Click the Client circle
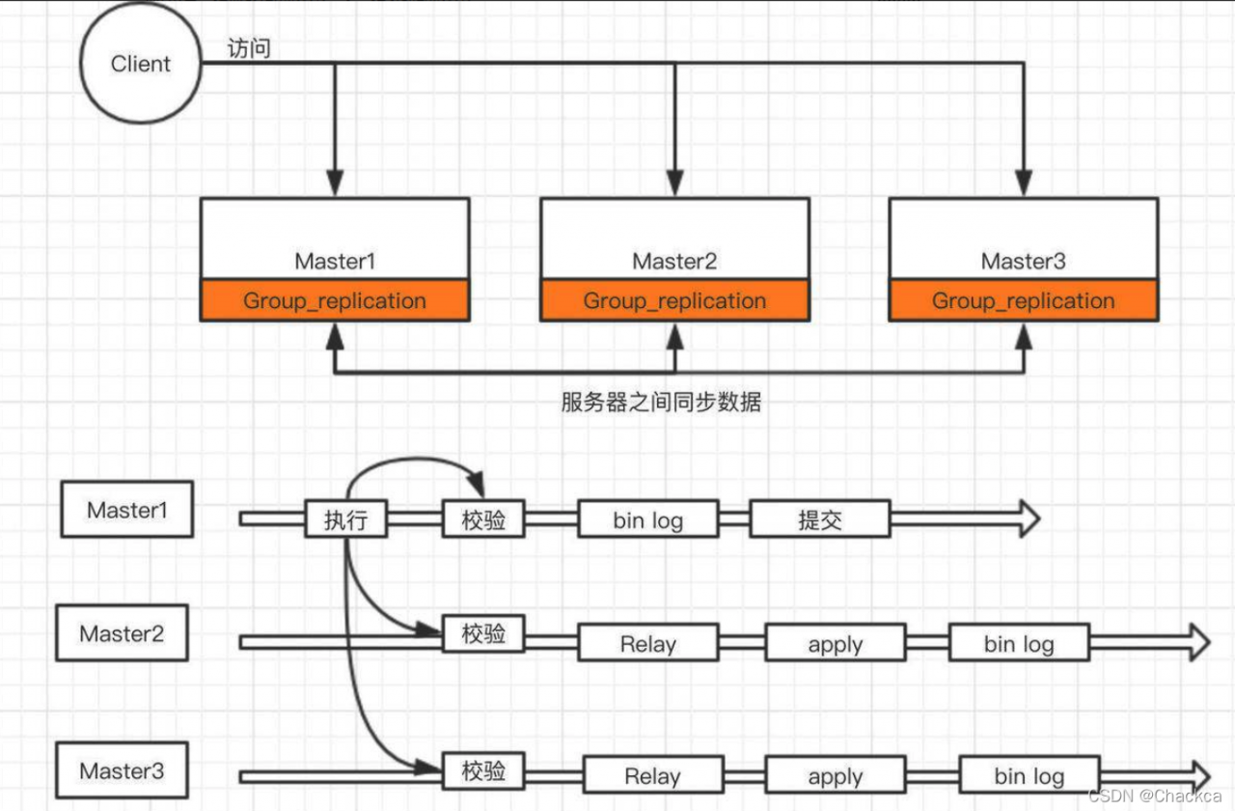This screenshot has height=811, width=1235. [140, 65]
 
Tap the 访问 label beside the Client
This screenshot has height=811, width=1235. [248, 48]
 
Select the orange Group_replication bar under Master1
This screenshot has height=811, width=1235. [334, 301]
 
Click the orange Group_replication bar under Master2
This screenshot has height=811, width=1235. [674, 301]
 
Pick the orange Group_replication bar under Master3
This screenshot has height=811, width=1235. [1023, 301]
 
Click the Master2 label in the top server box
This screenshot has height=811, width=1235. [674, 261]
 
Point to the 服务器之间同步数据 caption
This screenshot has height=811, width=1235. [661, 402]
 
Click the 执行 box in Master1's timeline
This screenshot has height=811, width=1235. [345, 519]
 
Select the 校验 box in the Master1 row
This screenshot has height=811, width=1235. [483, 519]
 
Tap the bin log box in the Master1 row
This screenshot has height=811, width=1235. [648, 519]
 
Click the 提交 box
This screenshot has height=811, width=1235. [819, 519]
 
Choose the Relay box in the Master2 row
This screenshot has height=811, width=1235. [648, 643]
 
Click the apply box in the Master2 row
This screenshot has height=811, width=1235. [836, 643]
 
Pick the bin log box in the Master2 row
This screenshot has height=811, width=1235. [1019, 643]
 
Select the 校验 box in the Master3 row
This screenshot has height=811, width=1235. [483, 770]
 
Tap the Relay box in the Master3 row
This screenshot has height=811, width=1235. [652, 775]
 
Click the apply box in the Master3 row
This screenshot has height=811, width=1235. [836, 775]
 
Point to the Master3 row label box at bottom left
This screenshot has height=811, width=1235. [122, 770]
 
